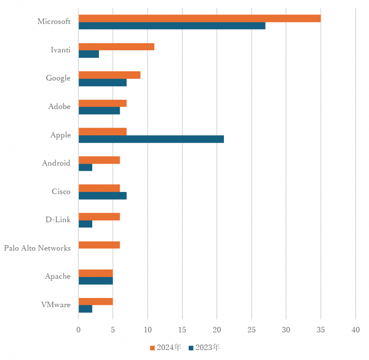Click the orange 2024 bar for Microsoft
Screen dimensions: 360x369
199,18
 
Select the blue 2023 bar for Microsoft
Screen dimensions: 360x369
172,25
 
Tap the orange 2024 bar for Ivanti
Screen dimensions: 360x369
116,47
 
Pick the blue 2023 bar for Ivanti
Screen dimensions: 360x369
88,54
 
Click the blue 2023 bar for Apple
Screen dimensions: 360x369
151,139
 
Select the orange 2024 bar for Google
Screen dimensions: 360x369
109,75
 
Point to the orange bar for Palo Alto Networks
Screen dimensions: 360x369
99,245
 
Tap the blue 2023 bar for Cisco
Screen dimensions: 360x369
102,195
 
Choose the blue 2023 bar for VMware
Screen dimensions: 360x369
85,309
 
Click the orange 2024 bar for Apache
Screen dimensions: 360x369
96,273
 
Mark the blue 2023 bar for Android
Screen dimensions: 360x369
85,167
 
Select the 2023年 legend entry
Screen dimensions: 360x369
204,347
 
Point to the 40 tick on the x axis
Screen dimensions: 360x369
355,330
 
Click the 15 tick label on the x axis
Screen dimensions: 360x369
182,330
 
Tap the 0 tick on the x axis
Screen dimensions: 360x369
78,330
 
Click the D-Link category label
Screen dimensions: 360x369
58,220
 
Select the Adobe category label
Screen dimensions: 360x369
59,107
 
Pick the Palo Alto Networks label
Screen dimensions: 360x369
37,248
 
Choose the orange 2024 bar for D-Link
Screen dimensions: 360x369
99,216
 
